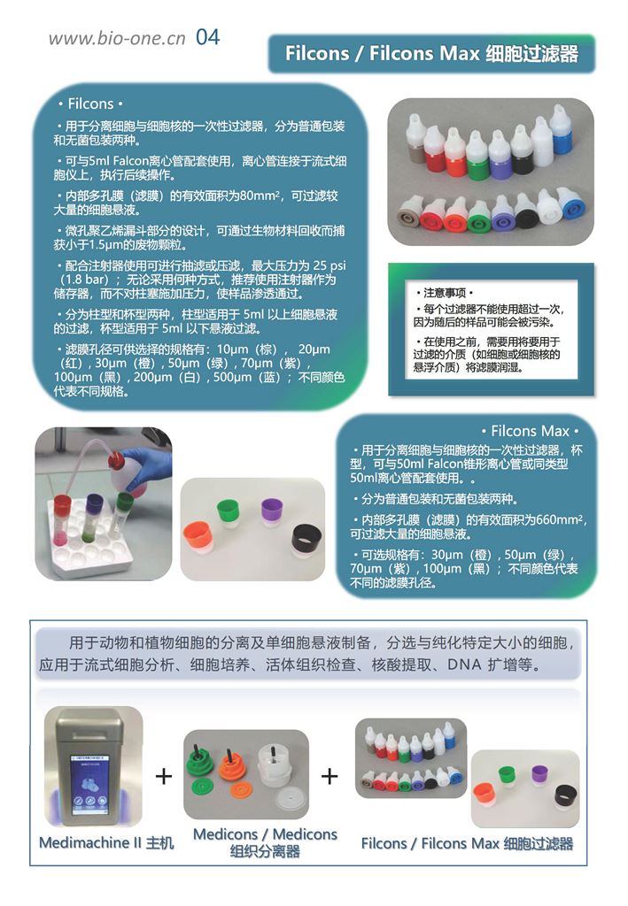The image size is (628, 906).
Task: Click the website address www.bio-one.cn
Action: coord(117,38)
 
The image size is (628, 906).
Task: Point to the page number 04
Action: coord(207,37)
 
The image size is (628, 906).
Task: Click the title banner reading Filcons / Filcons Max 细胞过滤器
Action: coord(431,54)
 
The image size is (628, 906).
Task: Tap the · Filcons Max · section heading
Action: coord(530,431)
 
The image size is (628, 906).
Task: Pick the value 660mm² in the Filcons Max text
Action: coord(560,519)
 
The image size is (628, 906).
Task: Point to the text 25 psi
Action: coord(329,265)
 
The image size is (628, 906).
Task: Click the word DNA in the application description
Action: coord(464,664)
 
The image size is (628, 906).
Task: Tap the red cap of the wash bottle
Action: coord(116,459)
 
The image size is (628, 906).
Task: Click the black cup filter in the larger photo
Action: coord(307,541)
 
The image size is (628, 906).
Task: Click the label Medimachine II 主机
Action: coord(106,842)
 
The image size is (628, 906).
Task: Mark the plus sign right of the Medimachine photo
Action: coord(164,776)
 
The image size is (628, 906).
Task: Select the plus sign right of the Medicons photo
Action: coord(330,776)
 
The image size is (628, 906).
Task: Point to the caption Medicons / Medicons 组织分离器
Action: coord(265,842)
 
